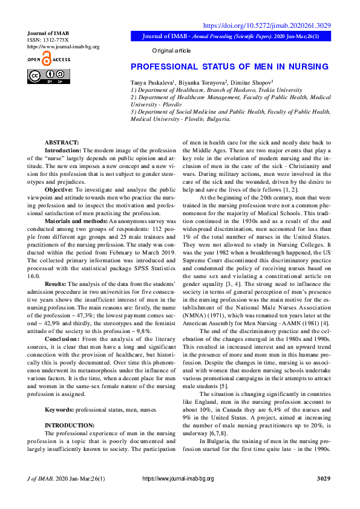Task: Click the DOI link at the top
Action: click(266, 25)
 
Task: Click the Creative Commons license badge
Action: click(48, 76)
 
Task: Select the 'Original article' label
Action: click(171, 51)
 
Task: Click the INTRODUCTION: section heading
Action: click(70, 426)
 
